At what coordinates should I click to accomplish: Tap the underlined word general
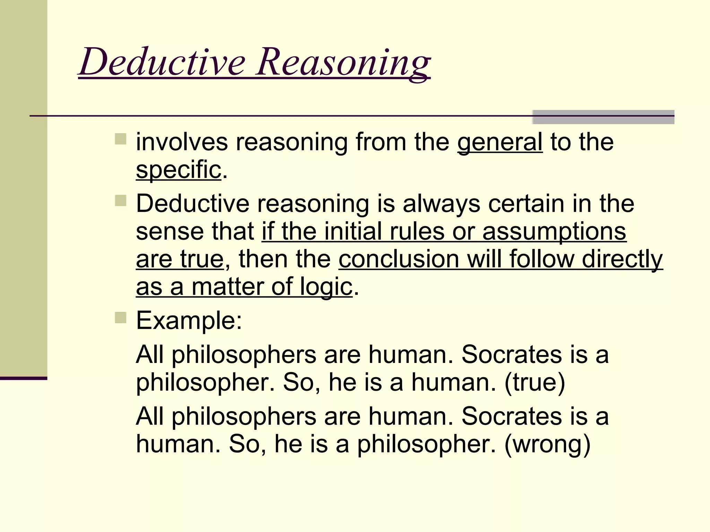click(500, 142)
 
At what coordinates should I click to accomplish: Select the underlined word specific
click(179, 170)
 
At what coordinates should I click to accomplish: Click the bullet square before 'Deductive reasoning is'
click(121, 200)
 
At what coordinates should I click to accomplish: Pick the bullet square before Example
click(121, 317)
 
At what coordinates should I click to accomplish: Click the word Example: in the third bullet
click(189, 321)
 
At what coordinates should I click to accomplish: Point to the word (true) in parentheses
click(535, 382)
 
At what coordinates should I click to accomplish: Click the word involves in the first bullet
click(182, 142)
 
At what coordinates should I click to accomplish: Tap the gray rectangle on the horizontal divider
click(603, 117)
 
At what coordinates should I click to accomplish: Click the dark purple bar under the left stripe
click(24, 378)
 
